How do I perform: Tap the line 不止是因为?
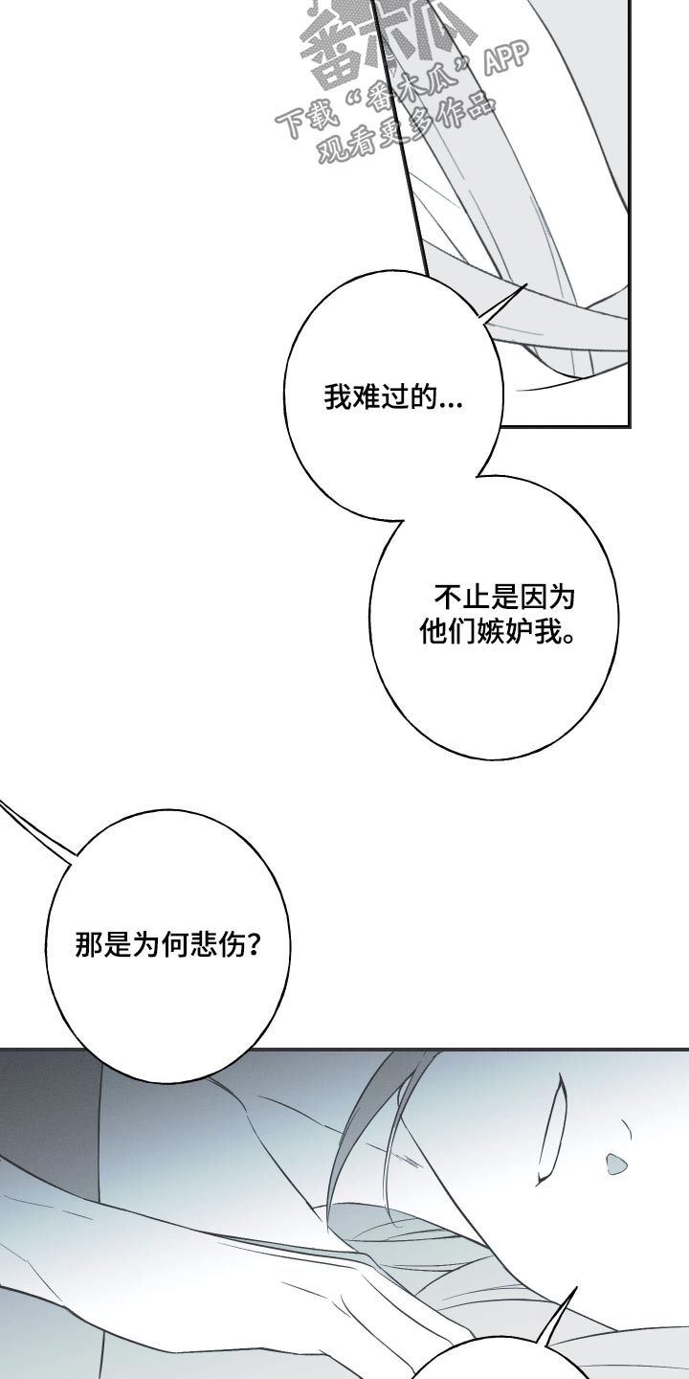tap(504, 599)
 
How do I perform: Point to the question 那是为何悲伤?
tap(168, 946)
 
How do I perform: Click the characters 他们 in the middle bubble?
tap(443, 633)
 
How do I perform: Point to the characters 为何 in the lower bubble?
tap(157, 946)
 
